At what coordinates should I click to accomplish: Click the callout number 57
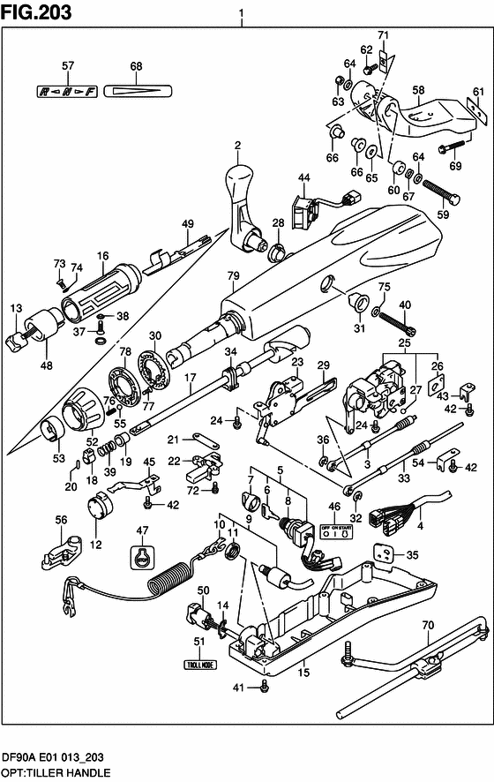pos(67,67)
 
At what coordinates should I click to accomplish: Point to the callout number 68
pos(136,67)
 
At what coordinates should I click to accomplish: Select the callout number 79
pos(233,276)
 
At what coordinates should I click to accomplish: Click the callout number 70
pos(427,626)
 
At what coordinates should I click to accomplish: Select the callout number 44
pos(303,178)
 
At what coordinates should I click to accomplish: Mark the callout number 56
pos(61,521)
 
